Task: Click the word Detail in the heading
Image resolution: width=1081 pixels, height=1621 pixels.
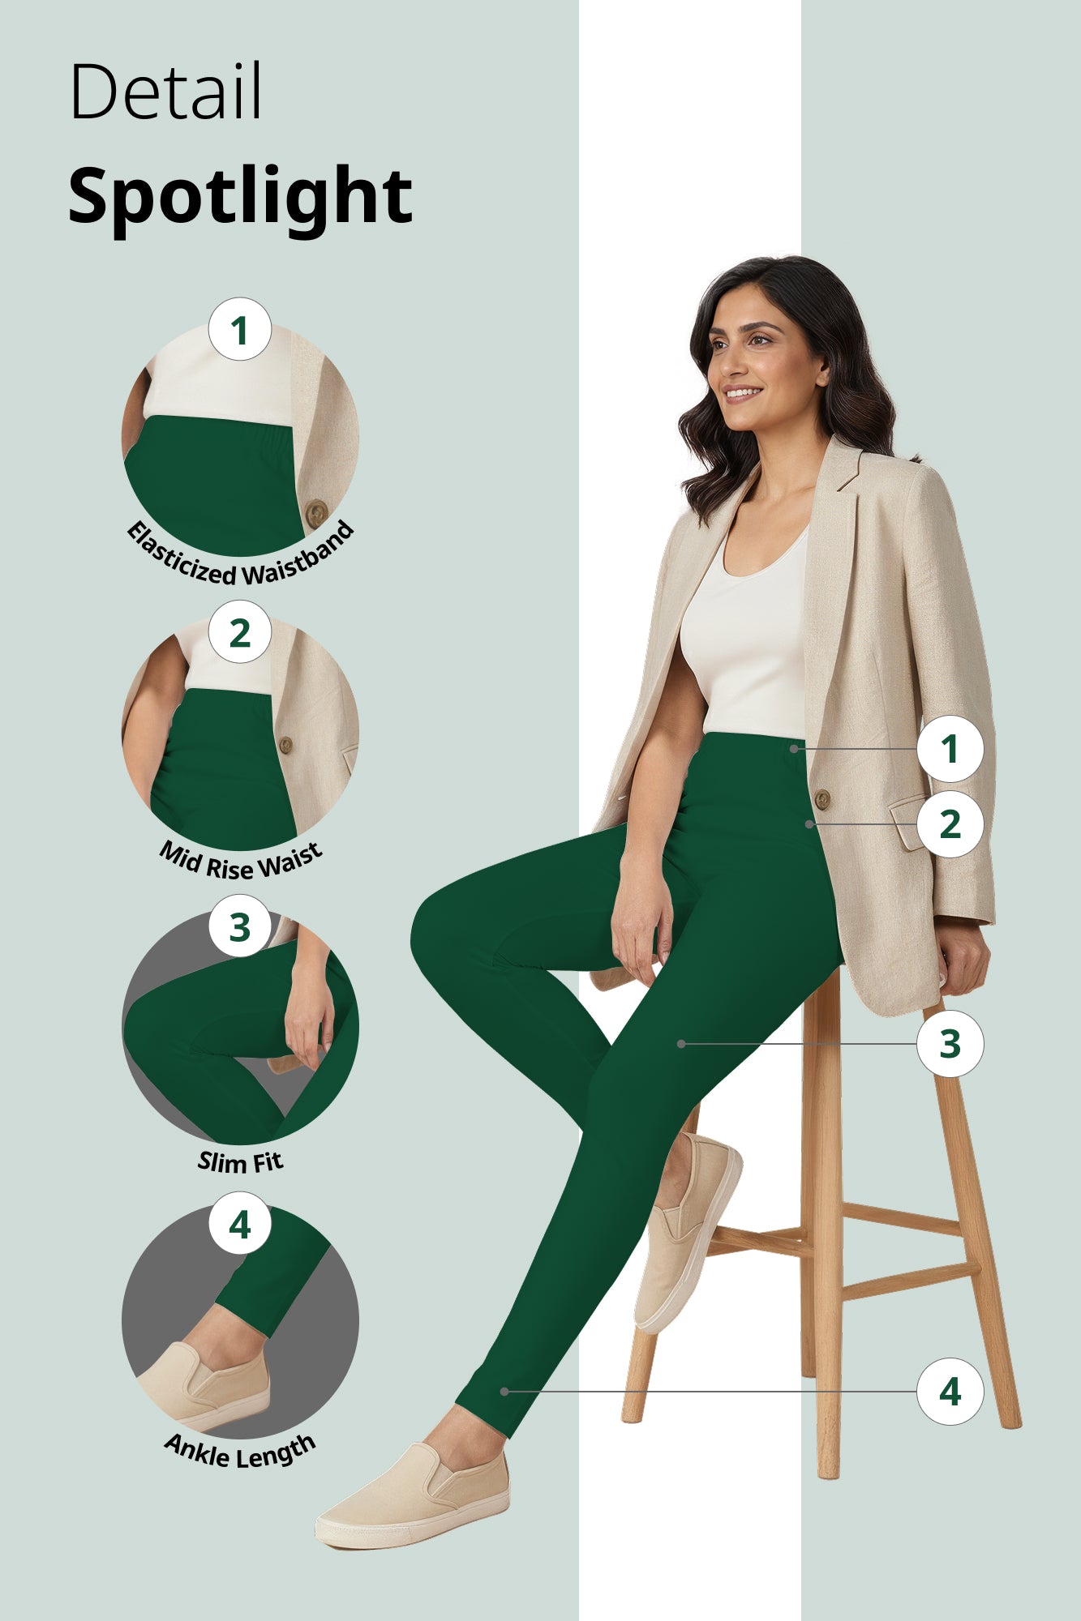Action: [166, 91]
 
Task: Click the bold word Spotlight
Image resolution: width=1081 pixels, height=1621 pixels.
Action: [240, 197]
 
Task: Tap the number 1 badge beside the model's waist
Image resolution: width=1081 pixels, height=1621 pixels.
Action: [950, 748]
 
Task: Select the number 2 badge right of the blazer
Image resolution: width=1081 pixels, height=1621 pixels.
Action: [950, 824]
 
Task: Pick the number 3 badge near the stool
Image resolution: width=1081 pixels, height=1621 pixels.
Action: [950, 1044]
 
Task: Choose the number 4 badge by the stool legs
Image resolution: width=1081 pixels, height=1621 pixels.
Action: [950, 1392]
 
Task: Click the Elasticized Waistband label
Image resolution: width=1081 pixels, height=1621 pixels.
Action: [240, 559]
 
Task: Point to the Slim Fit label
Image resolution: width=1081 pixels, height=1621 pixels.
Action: [240, 1161]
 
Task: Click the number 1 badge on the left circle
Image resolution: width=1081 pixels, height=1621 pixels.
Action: [239, 330]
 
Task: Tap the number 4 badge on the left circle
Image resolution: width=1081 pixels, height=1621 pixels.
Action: [239, 1225]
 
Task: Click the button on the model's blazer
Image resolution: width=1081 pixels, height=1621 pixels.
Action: [821, 799]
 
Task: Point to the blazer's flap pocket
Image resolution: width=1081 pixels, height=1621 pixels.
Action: [907, 823]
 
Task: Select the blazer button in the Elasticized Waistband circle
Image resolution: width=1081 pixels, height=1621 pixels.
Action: [316, 512]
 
